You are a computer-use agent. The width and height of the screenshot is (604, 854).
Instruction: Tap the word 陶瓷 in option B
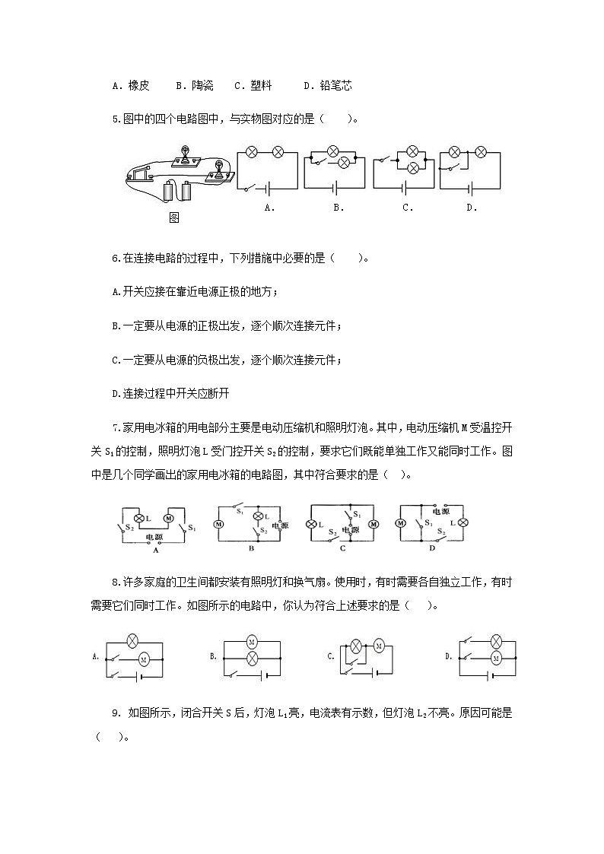click(x=203, y=86)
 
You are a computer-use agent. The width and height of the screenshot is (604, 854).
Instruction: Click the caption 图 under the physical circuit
click(x=174, y=217)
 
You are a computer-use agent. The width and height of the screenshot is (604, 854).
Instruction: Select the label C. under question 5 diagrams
click(x=408, y=207)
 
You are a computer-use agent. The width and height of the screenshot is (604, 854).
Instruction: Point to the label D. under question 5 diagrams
click(x=472, y=207)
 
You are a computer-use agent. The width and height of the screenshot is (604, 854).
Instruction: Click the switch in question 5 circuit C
click(x=390, y=160)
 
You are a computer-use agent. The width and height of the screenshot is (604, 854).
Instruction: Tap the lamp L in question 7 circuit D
click(x=461, y=522)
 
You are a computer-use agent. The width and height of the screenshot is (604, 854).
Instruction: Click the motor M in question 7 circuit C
click(x=374, y=524)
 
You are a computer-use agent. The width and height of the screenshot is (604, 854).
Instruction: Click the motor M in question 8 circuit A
click(x=141, y=659)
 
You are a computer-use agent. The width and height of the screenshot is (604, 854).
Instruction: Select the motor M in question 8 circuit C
click(x=377, y=647)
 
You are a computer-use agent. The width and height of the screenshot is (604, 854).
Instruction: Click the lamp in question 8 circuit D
click(x=496, y=641)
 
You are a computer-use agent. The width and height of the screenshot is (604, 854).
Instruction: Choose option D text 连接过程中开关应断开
click(x=176, y=393)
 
